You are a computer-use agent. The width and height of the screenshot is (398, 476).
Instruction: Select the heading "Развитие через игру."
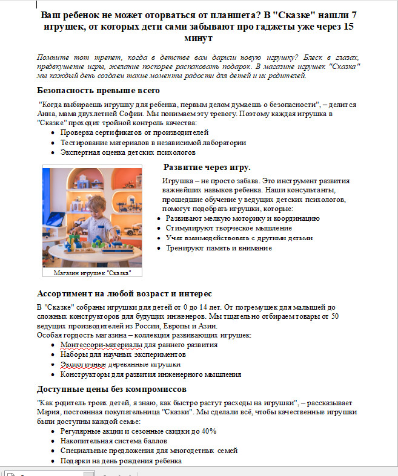[x=207, y=167]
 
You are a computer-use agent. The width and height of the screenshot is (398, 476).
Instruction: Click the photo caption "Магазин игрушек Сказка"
[x=92, y=273]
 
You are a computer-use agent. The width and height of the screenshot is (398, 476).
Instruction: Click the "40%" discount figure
[x=209, y=431]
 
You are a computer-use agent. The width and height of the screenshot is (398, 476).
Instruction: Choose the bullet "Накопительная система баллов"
[x=112, y=441]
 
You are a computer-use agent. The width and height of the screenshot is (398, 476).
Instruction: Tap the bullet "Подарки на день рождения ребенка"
[x=121, y=461]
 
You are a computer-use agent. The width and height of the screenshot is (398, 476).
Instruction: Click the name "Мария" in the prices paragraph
[x=48, y=412]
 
